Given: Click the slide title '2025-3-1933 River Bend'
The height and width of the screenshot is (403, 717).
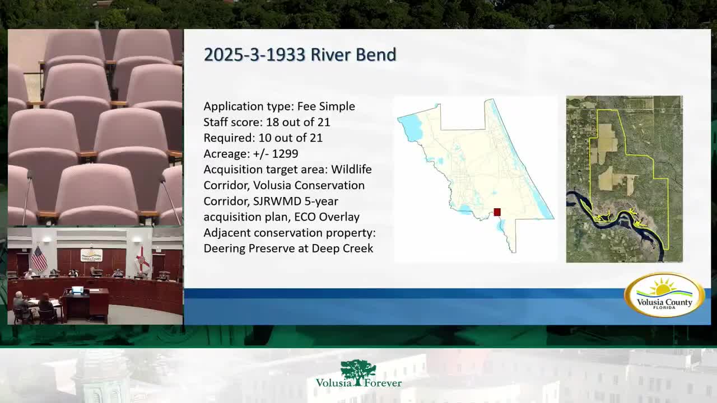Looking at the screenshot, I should [x=300, y=54].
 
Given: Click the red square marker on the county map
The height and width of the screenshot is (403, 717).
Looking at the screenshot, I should [x=497, y=212].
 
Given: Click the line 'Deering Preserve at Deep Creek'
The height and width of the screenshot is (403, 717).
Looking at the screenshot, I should [x=288, y=248].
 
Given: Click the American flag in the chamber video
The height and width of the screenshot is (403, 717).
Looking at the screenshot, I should [x=39, y=259].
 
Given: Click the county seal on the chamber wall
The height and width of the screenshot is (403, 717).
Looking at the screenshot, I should [x=91, y=255].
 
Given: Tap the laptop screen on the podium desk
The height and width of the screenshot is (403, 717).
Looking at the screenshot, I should [x=77, y=290].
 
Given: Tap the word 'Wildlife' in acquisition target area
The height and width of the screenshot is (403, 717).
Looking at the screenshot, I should [x=351, y=169].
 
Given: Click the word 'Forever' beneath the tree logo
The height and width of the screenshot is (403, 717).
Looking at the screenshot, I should [x=383, y=383].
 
